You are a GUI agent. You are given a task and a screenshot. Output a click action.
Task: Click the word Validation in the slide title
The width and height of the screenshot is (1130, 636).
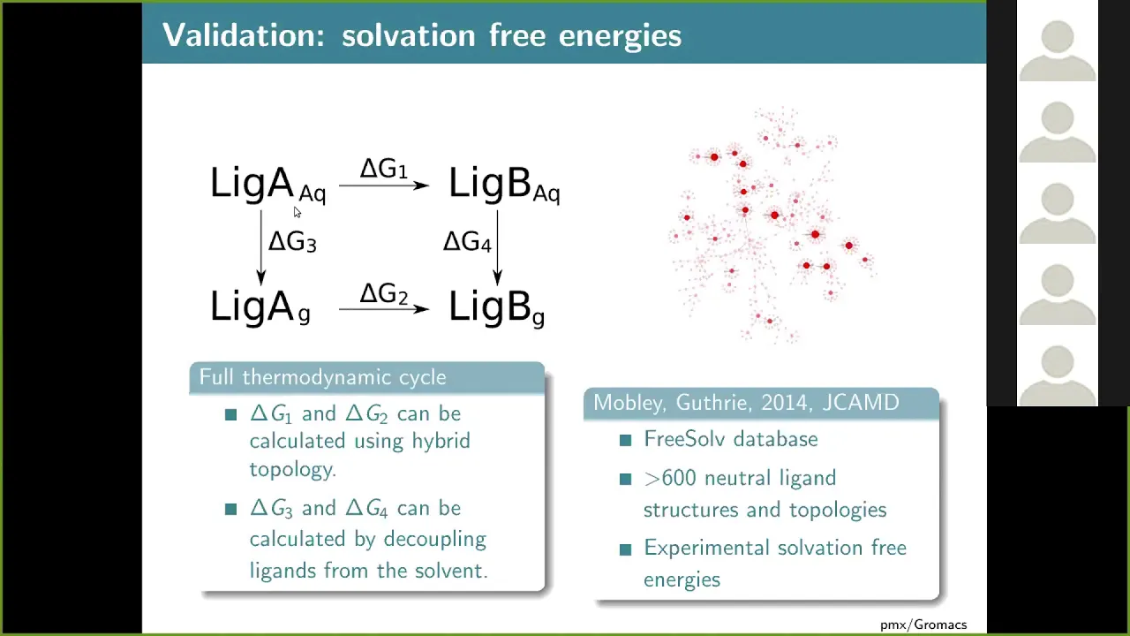244,35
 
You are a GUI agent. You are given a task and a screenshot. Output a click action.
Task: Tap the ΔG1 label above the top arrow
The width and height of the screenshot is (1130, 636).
383,168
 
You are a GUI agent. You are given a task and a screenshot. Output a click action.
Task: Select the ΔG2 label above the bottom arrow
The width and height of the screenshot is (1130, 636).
383,293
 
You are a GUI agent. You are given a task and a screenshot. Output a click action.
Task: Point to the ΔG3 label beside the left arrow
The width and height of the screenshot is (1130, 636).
292,241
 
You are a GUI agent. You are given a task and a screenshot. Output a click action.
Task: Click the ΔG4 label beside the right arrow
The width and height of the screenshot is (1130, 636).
467,241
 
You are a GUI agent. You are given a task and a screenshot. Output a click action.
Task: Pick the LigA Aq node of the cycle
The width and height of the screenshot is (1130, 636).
267,185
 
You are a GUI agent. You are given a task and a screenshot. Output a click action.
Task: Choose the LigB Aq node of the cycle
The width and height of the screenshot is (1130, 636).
504,185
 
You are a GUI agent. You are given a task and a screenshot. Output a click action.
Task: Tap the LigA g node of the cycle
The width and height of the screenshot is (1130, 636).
260,307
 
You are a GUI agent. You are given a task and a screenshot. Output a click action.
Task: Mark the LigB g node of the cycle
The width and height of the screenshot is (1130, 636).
496,307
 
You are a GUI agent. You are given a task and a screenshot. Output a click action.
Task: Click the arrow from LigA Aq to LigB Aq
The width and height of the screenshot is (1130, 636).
384,185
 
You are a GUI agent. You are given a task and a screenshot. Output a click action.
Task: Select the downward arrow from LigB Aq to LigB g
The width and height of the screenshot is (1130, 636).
497,247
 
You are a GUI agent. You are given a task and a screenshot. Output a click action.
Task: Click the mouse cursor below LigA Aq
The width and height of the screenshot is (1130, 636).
298,213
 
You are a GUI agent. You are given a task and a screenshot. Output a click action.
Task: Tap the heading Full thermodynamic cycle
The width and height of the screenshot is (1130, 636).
323,377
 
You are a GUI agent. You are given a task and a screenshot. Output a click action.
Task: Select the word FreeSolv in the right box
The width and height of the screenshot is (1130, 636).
685,439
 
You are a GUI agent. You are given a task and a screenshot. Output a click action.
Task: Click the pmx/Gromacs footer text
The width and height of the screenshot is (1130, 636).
923,625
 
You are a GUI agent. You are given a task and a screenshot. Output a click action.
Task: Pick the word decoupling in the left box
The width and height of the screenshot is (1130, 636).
435,540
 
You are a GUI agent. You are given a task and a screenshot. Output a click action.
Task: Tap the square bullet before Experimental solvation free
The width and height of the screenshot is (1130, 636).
626,549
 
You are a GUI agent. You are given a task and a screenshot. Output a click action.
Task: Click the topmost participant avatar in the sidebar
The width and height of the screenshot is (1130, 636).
1058,50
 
